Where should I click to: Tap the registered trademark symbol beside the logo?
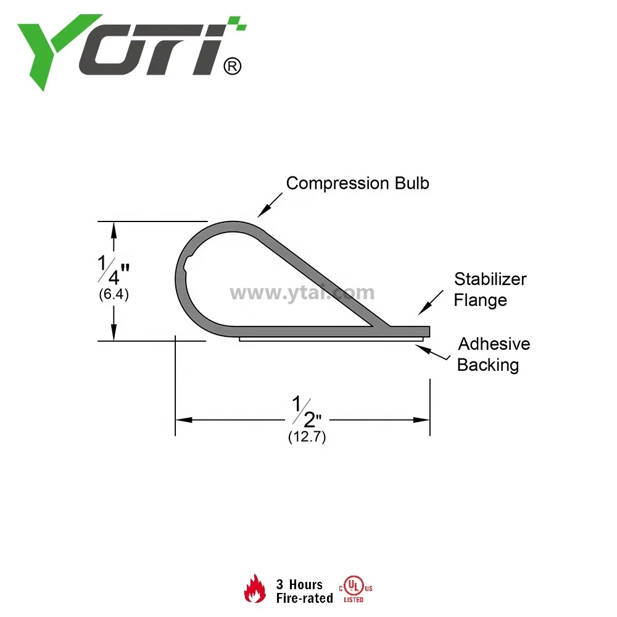[231, 66]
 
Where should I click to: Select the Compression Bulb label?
[357, 183]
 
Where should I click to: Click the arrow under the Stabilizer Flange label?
[430, 304]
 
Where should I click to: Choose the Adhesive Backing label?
[493, 354]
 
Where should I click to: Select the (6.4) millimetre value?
[114, 295]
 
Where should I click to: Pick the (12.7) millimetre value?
[307, 437]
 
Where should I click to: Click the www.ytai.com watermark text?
[302, 292]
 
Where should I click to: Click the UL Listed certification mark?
[353, 589]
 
